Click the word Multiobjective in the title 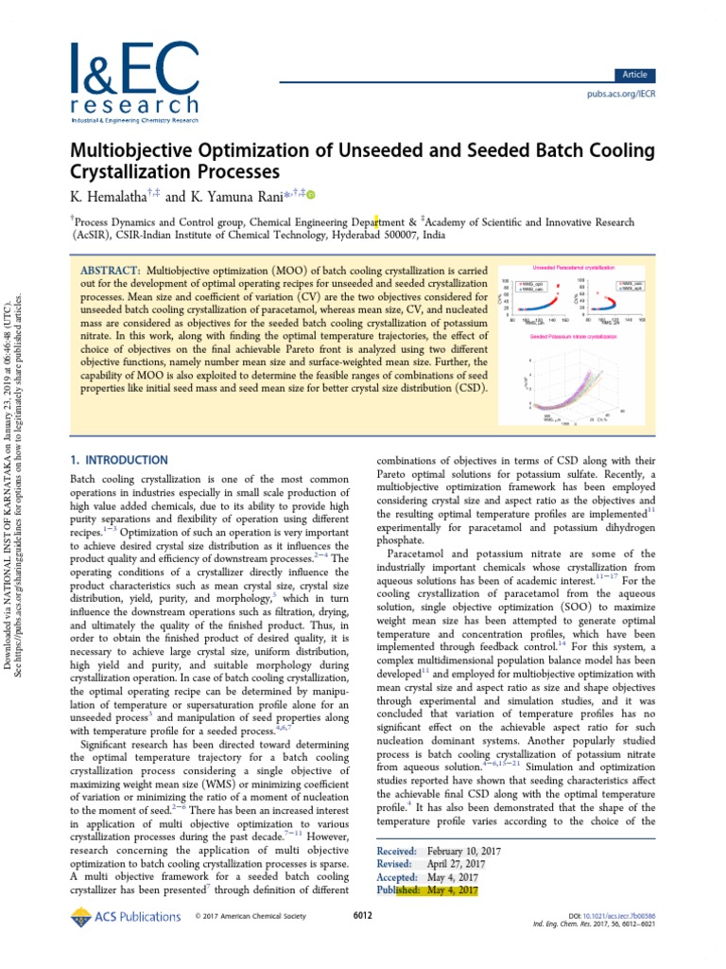131,152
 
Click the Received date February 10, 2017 464,852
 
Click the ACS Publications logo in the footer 126,916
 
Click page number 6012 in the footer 363,916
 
